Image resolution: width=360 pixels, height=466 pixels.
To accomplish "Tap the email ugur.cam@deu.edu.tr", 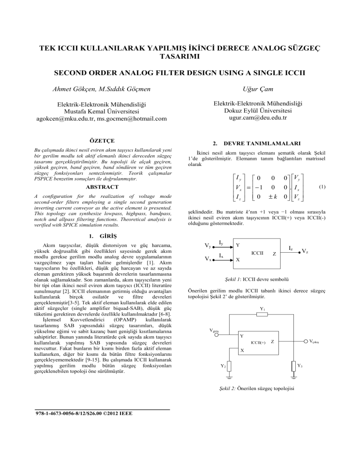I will click(x=265, y=119).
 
